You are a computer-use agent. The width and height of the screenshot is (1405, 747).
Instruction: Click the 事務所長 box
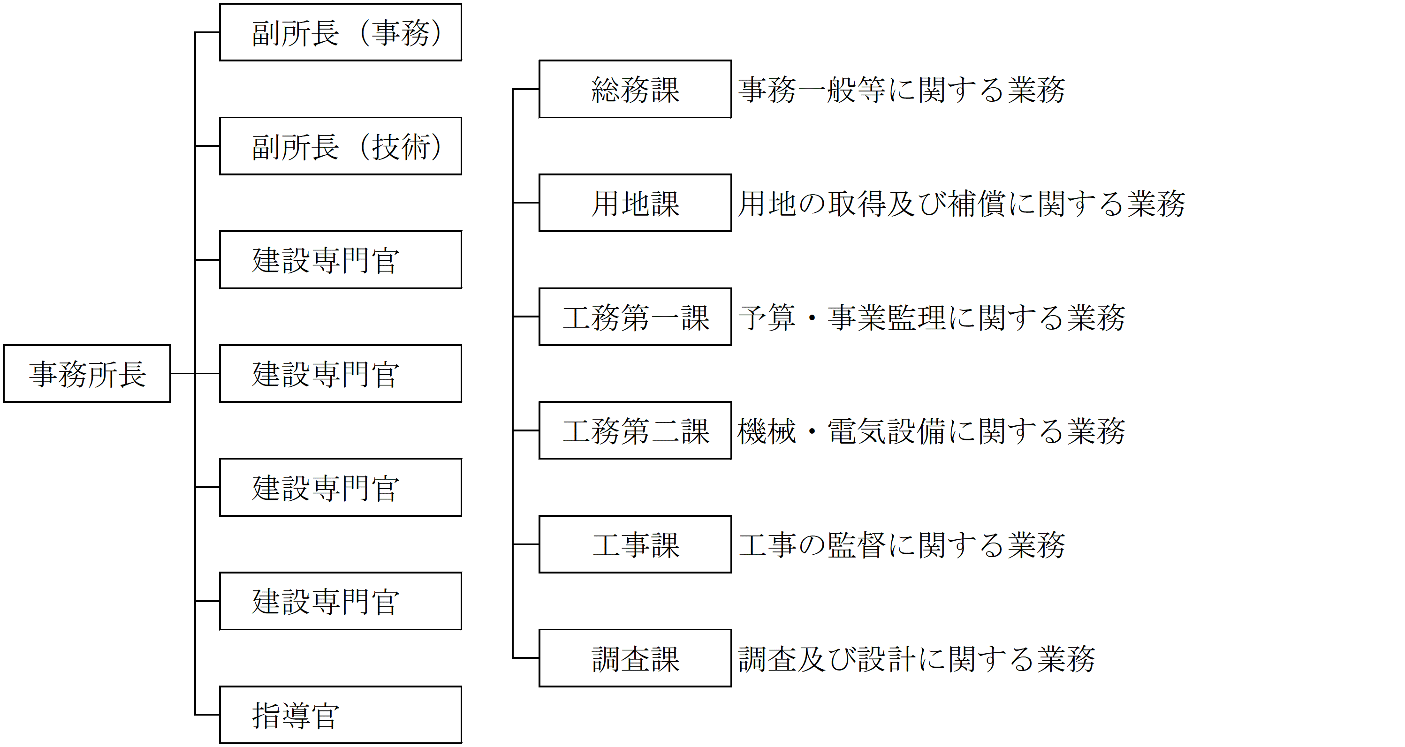click(87, 373)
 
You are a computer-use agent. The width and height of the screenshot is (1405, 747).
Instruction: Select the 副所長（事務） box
click(340, 32)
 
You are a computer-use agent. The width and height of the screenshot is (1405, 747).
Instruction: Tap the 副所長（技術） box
click(340, 146)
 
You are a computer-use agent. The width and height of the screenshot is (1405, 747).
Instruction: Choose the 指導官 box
click(340, 715)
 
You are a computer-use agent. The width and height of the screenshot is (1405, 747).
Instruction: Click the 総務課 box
click(635, 89)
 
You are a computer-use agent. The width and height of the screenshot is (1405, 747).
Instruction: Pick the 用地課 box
click(635, 203)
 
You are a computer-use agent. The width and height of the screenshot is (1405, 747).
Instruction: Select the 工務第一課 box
click(635, 317)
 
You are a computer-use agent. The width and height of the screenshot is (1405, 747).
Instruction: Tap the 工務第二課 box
click(635, 431)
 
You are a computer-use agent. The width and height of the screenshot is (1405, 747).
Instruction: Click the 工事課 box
click(635, 544)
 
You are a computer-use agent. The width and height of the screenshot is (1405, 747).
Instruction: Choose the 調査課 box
click(635, 658)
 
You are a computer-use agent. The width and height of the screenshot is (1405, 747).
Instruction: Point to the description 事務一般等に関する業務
click(902, 90)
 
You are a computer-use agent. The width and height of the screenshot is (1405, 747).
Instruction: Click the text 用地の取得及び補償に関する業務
click(962, 204)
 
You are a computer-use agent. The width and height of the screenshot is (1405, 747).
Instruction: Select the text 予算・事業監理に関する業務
click(932, 317)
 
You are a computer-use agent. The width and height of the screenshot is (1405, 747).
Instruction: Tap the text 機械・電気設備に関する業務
click(932, 431)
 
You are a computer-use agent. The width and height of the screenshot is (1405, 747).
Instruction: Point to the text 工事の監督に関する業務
click(902, 545)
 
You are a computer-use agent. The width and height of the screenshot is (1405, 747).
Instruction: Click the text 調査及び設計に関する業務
click(917, 659)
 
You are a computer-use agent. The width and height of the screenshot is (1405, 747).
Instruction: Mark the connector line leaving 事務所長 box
click(182, 373)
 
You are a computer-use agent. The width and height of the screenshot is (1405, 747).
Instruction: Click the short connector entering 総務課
click(526, 89)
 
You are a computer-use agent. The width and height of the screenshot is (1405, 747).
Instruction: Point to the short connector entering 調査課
click(526, 658)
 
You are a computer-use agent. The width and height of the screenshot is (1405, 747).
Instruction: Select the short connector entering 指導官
click(207, 715)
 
